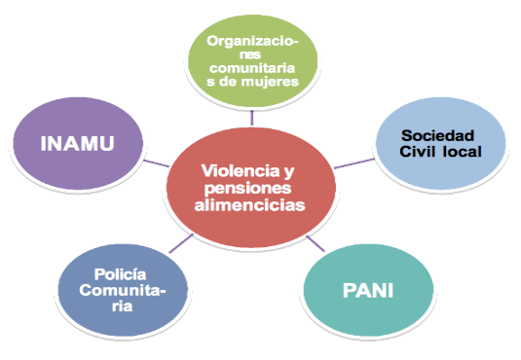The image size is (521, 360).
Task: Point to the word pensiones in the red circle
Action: pyautogui.click(x=250, y=188)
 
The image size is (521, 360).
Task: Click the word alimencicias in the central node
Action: pyautogui.click(x=250, y=205)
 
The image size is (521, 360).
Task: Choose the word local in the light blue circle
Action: pyautogui.click(x=462, y=153)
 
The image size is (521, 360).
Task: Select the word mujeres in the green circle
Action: pyautogui.click(x=279, y=81)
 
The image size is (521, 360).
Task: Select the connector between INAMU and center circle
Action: pyautogui.click(x=156, y=157)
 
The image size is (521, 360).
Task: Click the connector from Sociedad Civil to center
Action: pyautogui.click(x=348, y=163)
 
